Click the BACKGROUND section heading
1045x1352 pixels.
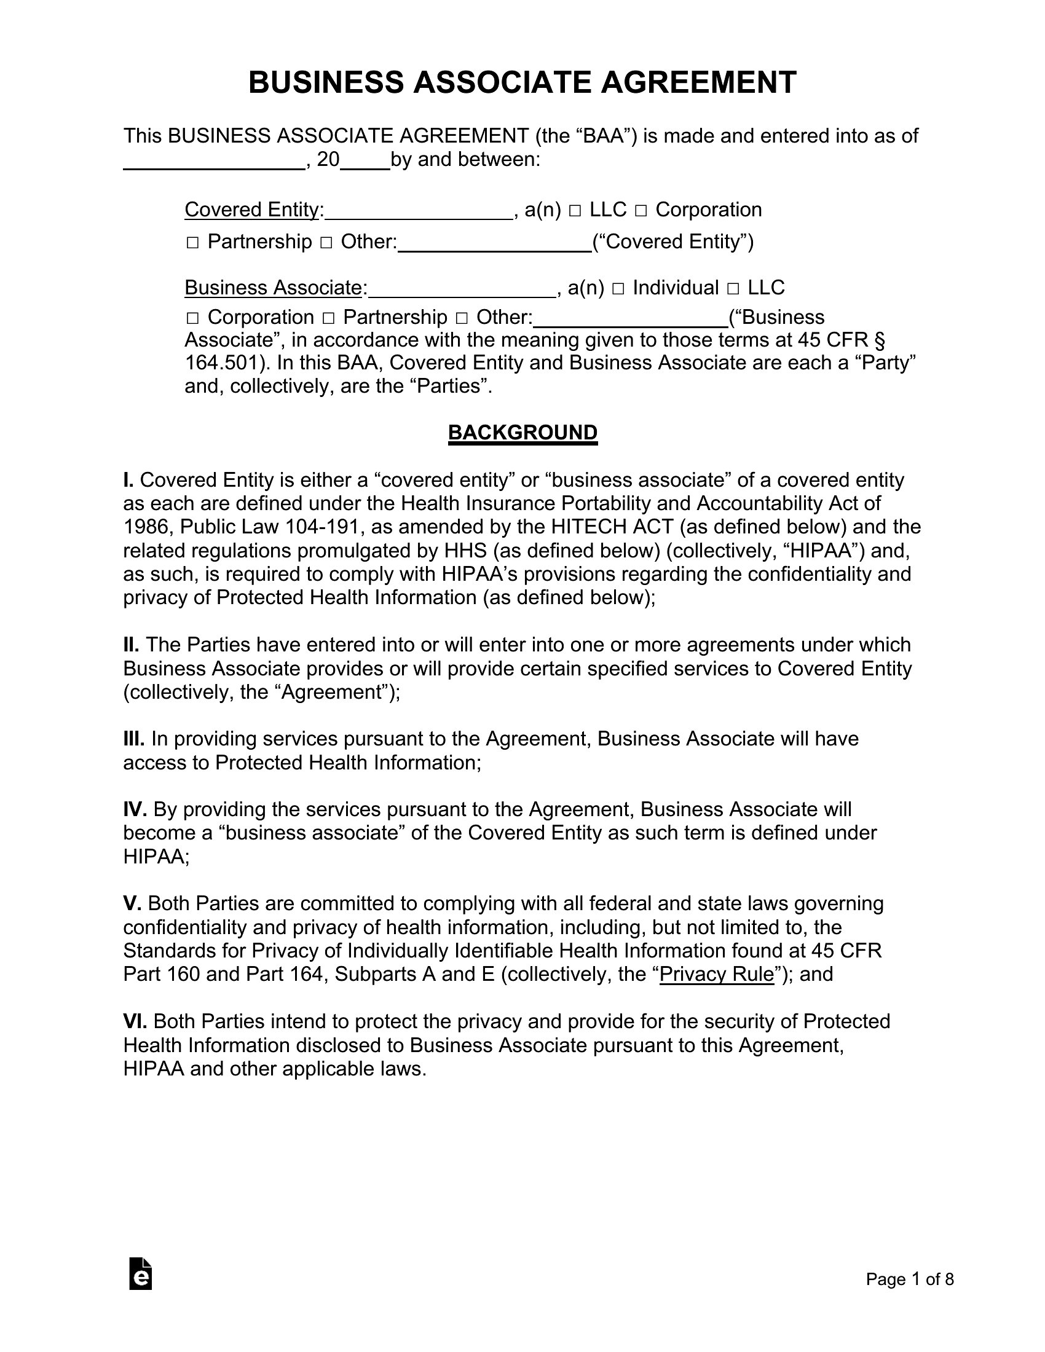[522, 432]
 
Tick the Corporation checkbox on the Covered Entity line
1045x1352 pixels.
[641, 211]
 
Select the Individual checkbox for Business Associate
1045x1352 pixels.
[618, 289]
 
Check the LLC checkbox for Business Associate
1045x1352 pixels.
[733, 289]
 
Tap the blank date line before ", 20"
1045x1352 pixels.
[214, 160]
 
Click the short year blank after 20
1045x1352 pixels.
[365, 160]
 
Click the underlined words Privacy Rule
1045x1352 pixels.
[716, 974]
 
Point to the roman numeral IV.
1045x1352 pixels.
[135, 809]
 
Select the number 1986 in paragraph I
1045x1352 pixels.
[146, 527]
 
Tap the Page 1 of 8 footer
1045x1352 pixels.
[909, 1279]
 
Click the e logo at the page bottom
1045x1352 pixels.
[141, 1274]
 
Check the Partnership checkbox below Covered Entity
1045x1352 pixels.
[192, 243]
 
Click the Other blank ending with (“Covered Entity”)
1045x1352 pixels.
[495, 242]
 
